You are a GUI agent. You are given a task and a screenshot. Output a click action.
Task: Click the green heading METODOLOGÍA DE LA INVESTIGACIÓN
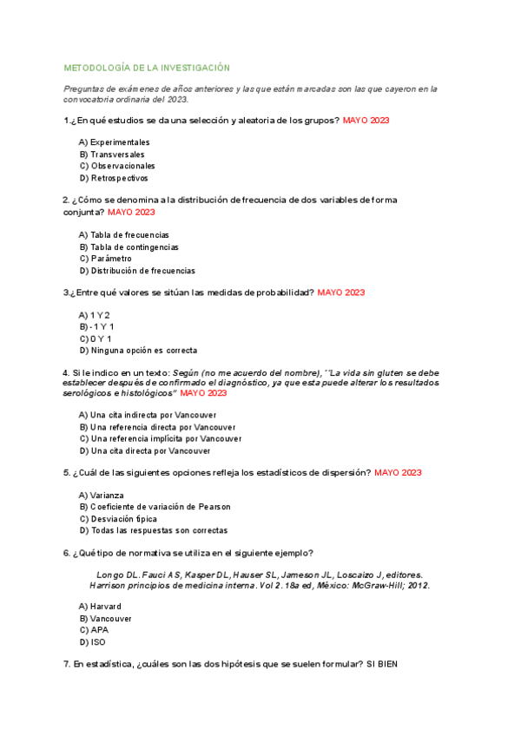coord(147,68)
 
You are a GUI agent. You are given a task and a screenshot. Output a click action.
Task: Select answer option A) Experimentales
coord(114,141)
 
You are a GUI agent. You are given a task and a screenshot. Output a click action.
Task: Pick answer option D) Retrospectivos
coord(114,178)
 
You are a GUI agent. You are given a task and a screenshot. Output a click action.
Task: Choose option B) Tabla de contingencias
coord(129,246)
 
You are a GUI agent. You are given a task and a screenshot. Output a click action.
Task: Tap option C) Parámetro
coord(105,258)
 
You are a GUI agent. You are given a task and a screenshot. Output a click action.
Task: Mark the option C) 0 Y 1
coord(95,338)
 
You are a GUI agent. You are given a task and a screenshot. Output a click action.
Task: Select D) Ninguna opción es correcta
coord(137,351)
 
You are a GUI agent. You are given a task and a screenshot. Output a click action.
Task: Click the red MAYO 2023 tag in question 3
coord(341,292)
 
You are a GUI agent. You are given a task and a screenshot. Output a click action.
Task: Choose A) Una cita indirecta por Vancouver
coord(148,415)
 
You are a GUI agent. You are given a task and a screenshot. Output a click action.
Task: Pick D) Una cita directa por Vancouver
coord(144,450)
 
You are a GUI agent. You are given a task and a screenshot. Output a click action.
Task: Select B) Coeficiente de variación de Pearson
coord(155,507)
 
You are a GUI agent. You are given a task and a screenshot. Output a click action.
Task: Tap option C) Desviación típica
coord(118,518)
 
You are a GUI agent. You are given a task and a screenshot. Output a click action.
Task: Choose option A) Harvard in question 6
coord(100,606)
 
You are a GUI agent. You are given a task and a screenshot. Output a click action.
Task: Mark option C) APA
coord(94,629)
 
